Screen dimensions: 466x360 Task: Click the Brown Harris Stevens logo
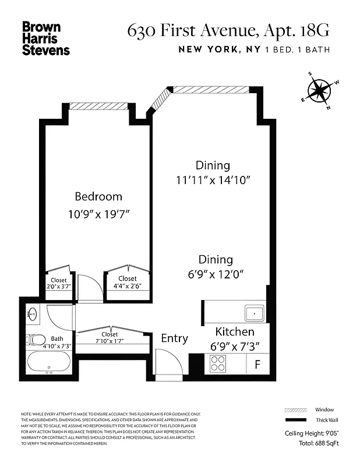coord(45,38)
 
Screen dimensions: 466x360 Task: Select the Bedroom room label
coord(98,196)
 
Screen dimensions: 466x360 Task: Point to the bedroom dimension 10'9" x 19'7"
coord(98,214)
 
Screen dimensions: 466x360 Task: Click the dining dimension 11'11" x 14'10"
coord(213,180)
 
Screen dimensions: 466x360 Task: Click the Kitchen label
coord(235,331)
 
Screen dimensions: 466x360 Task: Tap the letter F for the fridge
coord(257,365)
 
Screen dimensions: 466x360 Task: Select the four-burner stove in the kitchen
coord(218,364)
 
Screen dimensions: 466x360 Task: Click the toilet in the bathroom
coord(37,339)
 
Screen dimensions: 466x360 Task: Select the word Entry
coord(174,338)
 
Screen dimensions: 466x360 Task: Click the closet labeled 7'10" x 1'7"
coord(110,338)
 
